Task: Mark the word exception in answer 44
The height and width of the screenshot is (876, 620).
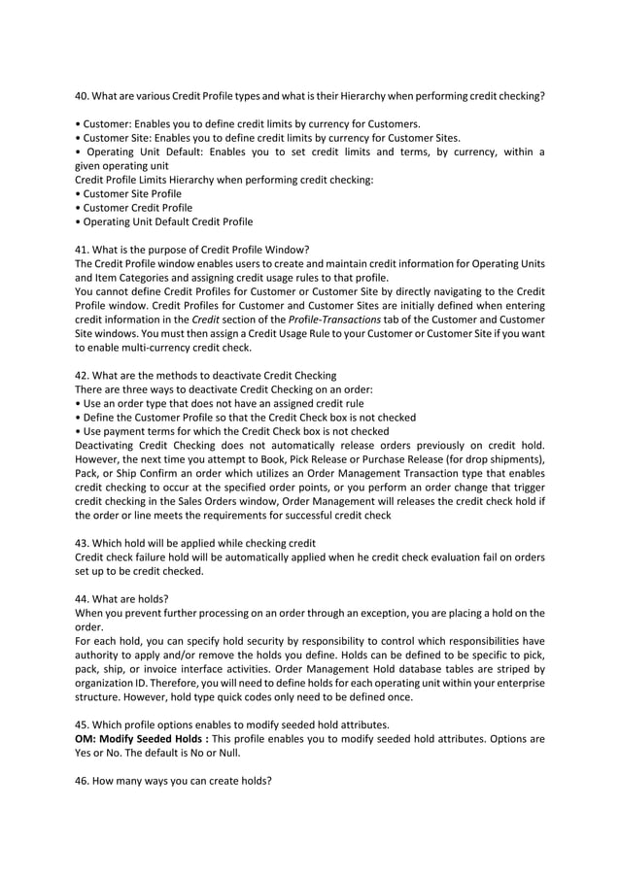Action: pyautogui.click(x=392, y=613)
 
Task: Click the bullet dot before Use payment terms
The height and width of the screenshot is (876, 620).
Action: pyautogui.click(x=77, y=431)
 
